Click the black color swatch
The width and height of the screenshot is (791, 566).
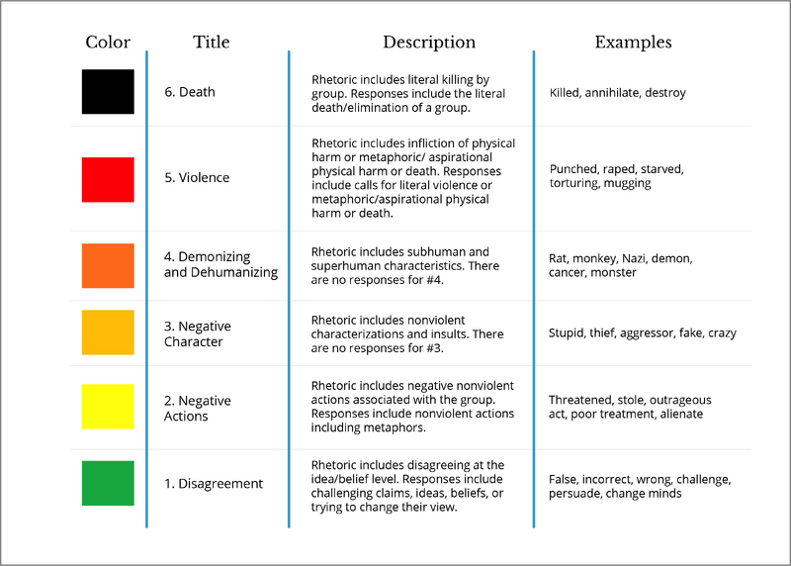108,91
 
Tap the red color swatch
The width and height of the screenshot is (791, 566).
108,179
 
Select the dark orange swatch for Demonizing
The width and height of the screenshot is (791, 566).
108,265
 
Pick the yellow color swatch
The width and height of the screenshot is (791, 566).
108,407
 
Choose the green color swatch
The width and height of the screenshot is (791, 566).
108,483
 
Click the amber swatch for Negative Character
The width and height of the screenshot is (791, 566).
108,332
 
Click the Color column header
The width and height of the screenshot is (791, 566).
108,42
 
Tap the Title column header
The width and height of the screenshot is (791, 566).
212,42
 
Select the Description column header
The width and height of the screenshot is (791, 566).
429,42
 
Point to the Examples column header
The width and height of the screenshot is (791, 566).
633,42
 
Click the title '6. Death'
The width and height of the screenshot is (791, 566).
190,92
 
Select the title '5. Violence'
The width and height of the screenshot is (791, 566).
197,178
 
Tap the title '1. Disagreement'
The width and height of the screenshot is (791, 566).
214,484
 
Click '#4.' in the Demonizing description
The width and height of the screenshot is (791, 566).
435,280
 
